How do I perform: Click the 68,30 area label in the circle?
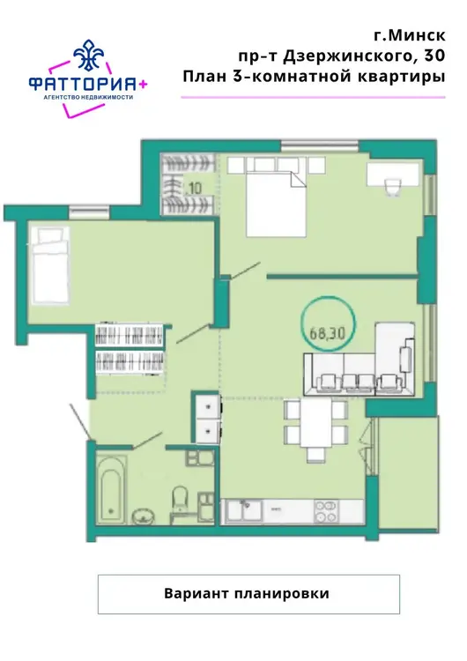pyautogui.click(x=328, y=333)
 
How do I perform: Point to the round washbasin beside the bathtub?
pyautogui.click(x=145, y=516)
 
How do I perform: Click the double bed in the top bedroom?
pyautogui.click(x=276, y=204)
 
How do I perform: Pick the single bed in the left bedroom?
pyautogui.click(x=50, y=264)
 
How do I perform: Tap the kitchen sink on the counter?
pyautogui.click(x=243, y=511)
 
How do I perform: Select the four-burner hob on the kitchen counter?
pyautogui.click(x=326, y=511)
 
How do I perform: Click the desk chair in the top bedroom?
pyautogui.click(x=393, y=186)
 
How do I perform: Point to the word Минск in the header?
pyautogui.click(x=416, y=35)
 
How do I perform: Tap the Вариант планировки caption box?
pyautogui.click(x=248, y=593)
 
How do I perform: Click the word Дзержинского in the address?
pyautogui.click(x=348, y=56)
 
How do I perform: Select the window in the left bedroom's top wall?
pyautogui.click(x=89, y=212)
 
